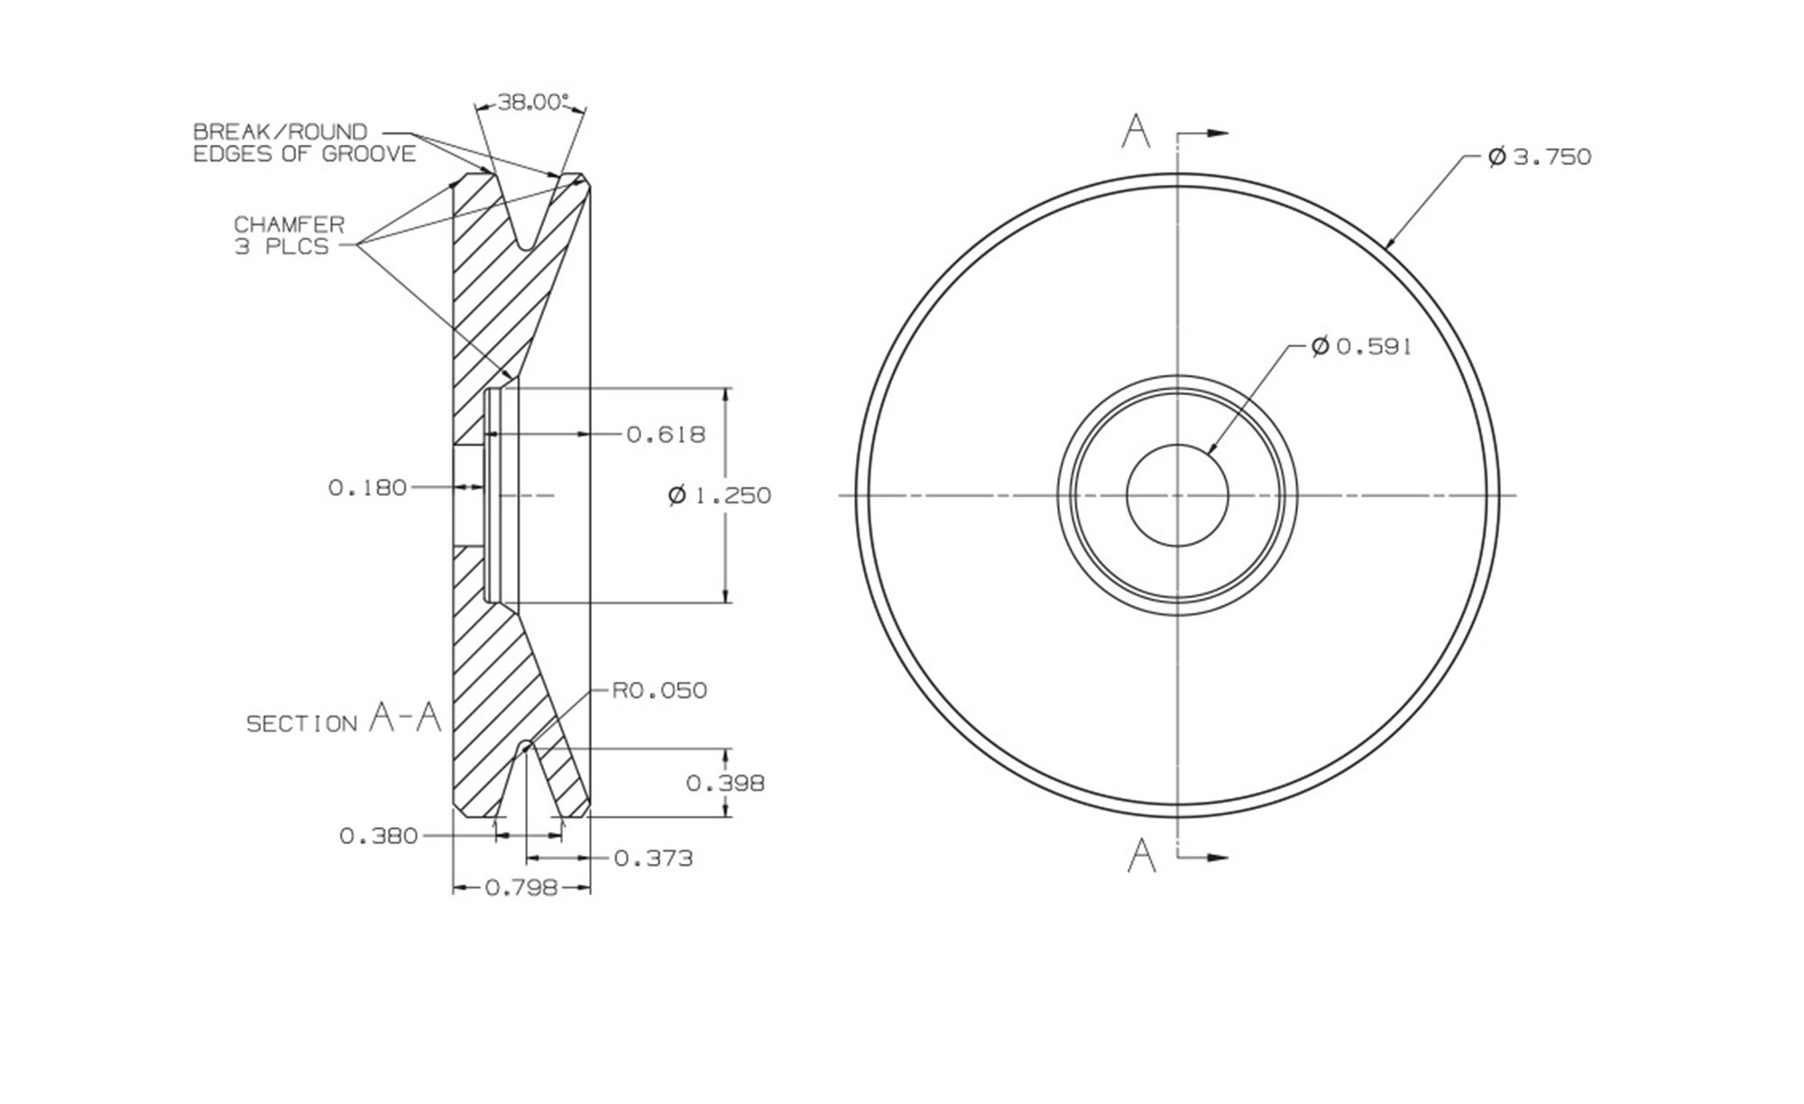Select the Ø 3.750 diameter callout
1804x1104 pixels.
pyautogui.click(x=1540, y=157)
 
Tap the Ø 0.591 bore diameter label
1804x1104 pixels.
pyautogui.click(x=1362, y=346)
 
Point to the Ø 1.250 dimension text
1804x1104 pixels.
pyautogui.click(x=720, y=495)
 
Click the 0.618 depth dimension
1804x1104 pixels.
pyautogui.click(x=666, y=435)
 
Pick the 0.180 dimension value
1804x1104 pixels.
pyautogui.click(x=367, y=488)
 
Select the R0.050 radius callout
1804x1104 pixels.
pyautogui.click(x=659, y=691)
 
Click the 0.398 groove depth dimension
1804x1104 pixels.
pyautogui.click(x=725, y=783)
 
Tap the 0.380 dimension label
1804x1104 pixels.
pyautogui.click(x=379, y=836)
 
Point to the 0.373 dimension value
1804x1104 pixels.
pyautogui.click(x=653, y=858)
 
